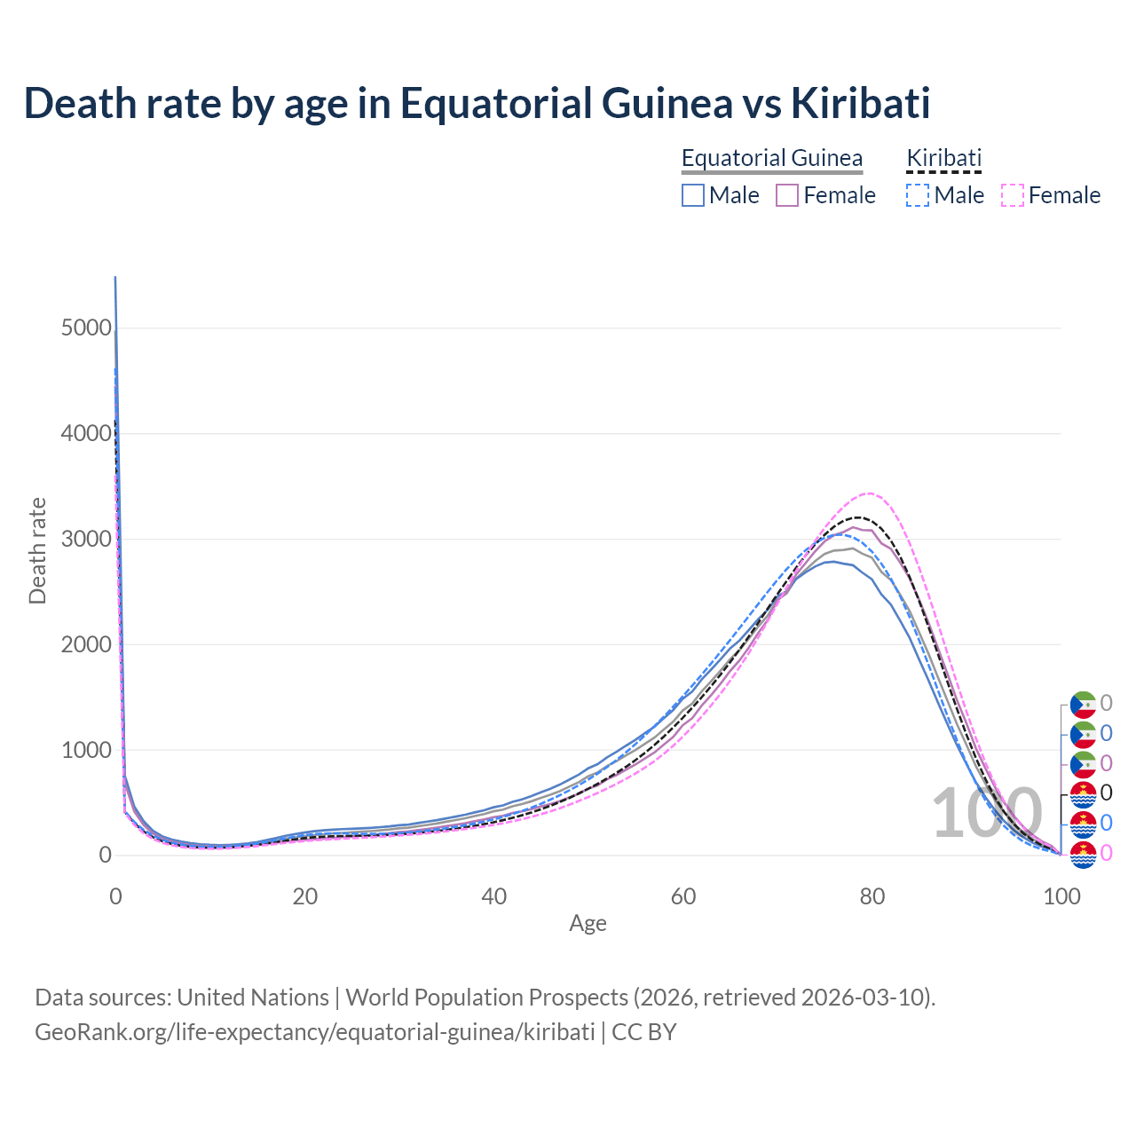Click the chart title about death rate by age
click(477, 103)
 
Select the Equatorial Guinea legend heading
click(772, 158)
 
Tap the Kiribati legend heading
click(943, 158)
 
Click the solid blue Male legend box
click(693, 195)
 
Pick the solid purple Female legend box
click(787, 195)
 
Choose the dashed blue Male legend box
click(918, 195)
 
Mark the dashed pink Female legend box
click(1013, 195)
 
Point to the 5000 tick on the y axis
click(86, 328)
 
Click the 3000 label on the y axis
click(86, 540)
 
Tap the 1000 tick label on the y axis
click(86, 750)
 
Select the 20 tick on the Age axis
click(304, 896)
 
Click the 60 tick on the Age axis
click(683, 896)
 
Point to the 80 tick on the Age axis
click(872, 896)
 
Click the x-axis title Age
click(588, 923)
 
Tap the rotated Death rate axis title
click(37, 551)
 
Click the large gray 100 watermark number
click(987, 813)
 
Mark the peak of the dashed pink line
click(869, 493)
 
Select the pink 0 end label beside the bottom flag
click(1106, 854)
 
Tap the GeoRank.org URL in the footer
click(314, 1032)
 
